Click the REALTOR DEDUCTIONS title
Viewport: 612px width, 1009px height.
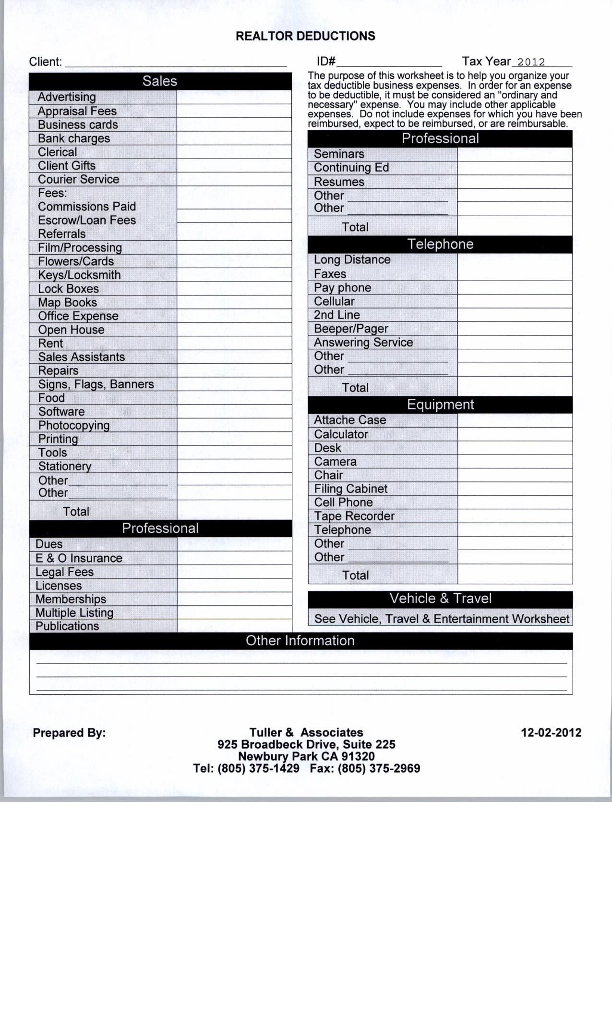305,37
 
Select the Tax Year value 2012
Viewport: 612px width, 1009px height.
531,62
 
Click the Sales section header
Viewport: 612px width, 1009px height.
160,81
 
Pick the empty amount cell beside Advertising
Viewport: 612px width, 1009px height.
234,97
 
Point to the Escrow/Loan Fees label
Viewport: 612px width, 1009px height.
87,221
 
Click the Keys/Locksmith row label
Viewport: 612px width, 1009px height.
79,275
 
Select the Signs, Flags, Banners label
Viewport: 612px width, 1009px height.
96,384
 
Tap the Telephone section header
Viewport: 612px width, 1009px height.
440,244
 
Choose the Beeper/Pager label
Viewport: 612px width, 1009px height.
351,329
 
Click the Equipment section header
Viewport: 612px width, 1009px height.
440,405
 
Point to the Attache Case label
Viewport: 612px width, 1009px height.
350,420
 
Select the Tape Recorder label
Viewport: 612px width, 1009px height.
354,517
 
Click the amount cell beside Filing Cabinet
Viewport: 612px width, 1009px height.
515,489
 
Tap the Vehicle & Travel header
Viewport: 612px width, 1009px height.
440,599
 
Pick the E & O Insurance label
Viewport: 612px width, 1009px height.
79,558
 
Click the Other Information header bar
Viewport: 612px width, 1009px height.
300,641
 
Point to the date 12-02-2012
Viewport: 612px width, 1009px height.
551,733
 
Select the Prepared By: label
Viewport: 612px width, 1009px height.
69,733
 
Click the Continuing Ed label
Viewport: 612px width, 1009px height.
351,168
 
